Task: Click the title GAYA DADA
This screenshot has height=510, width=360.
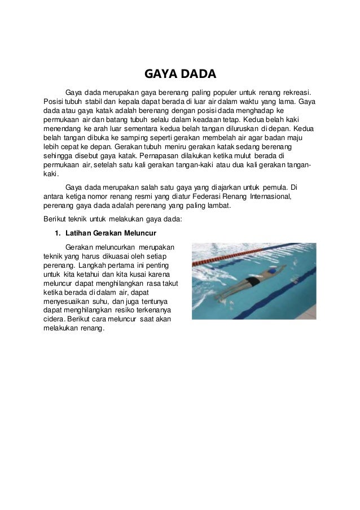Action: pyautogui.click(x=180, y=75)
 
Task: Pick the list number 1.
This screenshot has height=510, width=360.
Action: pyautogui.click(x=56, y=233)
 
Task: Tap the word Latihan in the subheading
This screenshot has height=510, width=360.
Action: pyautogui.click(x=78, y=233)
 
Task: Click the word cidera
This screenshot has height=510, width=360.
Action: pyautogui.click(x=53, y=321)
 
